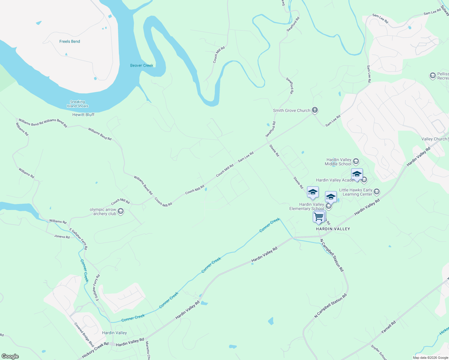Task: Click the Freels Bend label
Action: click(70, 41)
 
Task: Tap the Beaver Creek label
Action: click(142, 65)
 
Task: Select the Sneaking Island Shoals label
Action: click(77, 104)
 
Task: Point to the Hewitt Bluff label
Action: click(83, 115)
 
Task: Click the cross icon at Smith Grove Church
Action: click(315, 110)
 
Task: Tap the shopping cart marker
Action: click(318, 216)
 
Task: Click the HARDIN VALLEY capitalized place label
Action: click(333, 229)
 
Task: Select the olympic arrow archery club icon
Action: click(121, 211)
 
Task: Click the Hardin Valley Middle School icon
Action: click(356, 162)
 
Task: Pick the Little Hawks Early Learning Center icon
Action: click(377, 192)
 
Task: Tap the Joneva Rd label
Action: click(62, 237)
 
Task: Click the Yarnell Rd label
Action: click(388, 327)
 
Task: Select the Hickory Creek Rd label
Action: click(95, 350)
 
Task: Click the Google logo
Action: click(10, 356)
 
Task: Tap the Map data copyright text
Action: click(430, 358)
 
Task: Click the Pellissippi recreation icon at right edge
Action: click(432, 76)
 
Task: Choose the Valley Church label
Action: click(434, 139)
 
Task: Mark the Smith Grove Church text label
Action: click(291, 110)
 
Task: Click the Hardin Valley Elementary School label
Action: click(307, 206)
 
